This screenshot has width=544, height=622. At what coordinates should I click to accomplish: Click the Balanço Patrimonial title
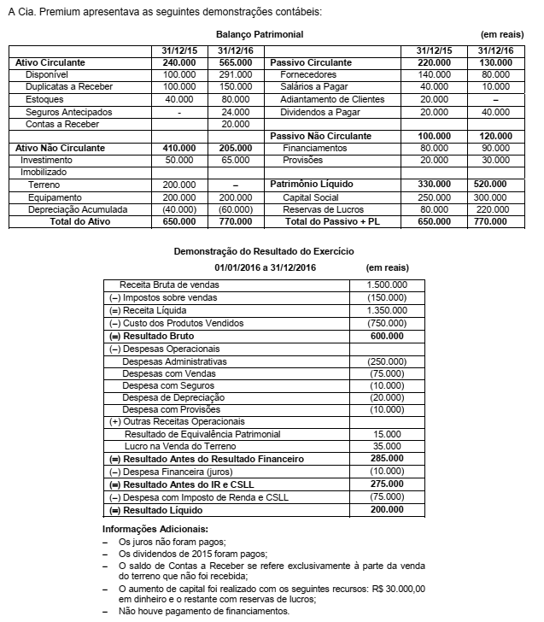[259, 34]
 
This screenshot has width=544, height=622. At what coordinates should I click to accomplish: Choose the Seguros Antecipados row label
[67, 112]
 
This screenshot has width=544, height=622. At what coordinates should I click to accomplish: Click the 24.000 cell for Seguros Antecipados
[236, 112]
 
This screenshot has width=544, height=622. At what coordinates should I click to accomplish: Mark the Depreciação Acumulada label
[78, 209]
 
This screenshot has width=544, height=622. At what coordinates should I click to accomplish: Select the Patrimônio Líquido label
[313, 185]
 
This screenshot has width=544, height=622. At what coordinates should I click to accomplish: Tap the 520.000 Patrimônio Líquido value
[495, 185]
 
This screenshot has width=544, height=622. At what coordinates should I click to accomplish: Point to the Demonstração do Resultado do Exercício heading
[264, 252]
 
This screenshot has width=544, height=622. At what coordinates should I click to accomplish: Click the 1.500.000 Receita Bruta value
[386, 285]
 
